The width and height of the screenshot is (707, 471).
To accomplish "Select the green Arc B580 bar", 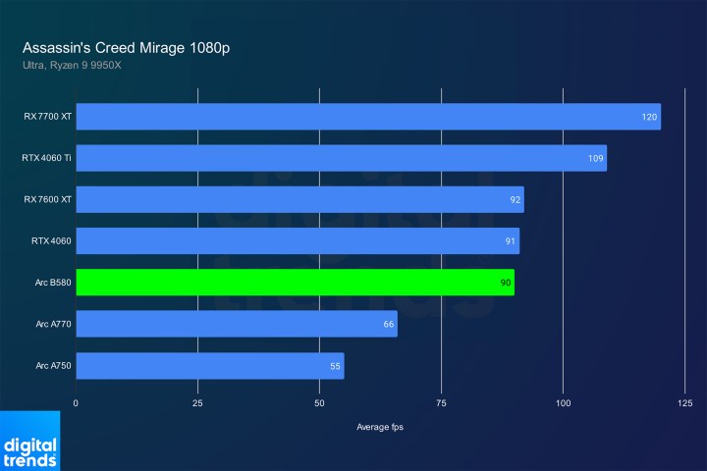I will click(295, 283).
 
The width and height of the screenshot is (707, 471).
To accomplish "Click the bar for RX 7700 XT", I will click(368, 117).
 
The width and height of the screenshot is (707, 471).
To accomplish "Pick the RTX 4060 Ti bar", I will click(341, 158).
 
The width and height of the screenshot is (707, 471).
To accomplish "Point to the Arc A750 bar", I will click(209, 366).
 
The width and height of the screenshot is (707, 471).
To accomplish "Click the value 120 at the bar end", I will click(648, 117).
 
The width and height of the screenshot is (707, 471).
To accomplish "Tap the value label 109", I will click(594, 158).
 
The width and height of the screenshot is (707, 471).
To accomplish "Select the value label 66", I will click(388, 325).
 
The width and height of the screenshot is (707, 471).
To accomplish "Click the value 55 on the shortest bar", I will click(334, 366).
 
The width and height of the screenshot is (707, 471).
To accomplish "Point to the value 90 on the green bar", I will click(504, 283).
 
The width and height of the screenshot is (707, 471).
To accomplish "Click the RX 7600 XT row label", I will click(48, 199).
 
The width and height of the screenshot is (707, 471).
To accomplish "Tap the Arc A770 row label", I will click(53, 325).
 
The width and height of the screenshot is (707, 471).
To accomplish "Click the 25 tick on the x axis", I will click(197, 403).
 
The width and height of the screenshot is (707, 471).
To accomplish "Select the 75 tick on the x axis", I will click(441, 403).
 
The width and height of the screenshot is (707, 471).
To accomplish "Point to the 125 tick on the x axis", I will click(684, 403).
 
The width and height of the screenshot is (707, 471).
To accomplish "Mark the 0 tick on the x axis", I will click(76, 403).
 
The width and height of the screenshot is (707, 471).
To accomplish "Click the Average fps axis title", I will click(380, 427).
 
